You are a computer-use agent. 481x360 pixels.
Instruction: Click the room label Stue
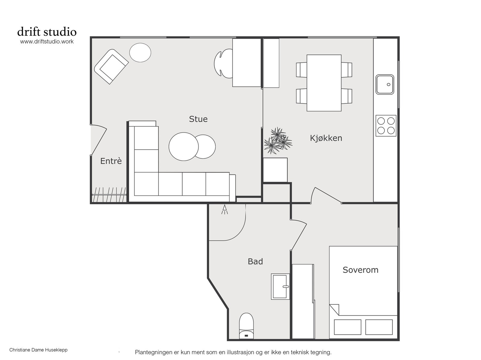[x=198, y=119]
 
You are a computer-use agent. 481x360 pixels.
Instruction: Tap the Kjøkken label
[x=326, y=138]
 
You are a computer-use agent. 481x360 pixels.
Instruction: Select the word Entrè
[x=111, y=161]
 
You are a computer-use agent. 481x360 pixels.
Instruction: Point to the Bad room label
[x=255, y=261]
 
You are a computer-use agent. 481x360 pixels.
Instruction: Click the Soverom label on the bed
[x=360, y=270]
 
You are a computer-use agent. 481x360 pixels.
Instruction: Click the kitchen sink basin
[x=385, y=84]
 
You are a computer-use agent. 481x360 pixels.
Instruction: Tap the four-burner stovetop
[x=386, y=126]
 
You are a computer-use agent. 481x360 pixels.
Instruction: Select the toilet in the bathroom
[x=246, y=326]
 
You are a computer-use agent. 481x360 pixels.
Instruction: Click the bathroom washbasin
[x=280, y=286]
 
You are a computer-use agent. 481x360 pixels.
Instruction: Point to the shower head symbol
[x=225, y=209]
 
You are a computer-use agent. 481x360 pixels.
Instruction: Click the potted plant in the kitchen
[x=278, y=140]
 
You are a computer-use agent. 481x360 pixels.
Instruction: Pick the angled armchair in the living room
[x=111, y=67]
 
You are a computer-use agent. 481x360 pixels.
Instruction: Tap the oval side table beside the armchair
[x=140, y=53]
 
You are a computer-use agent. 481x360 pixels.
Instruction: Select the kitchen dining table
[x=324, y=83]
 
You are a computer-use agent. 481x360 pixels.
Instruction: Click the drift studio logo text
[x=47, y=32]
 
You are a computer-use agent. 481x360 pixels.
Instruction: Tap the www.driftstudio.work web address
[x=47, y=41]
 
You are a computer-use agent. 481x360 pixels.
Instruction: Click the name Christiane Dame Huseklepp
[x=38, y=350]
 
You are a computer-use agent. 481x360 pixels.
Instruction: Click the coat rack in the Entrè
[x=109, y=194]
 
